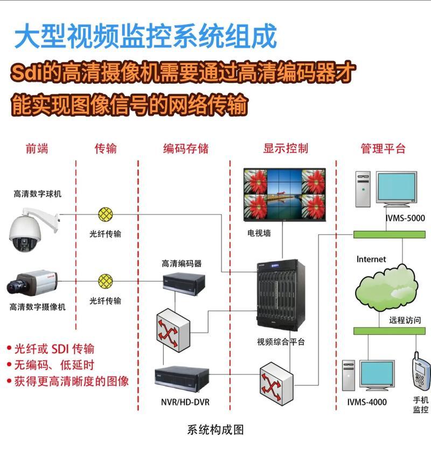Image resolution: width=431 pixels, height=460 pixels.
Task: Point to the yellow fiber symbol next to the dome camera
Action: tap(106, 215)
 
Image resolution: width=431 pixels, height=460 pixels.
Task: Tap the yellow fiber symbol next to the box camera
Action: tap(106, 281)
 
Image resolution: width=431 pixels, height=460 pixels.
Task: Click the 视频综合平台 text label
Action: tap(281, 342)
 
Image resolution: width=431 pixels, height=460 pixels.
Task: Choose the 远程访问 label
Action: tap(405, 319)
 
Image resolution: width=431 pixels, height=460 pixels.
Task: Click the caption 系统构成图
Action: tap(215, 430)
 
